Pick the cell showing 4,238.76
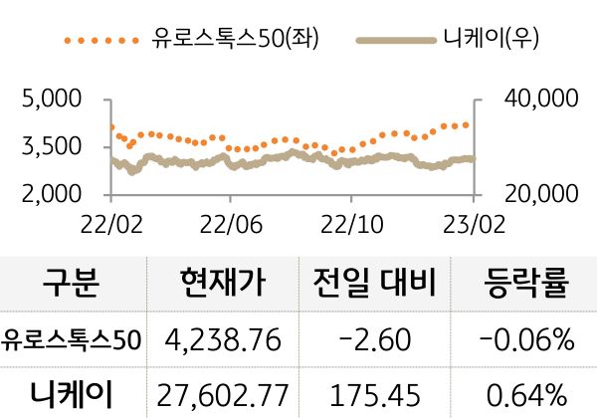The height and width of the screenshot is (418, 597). pos(224,341)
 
